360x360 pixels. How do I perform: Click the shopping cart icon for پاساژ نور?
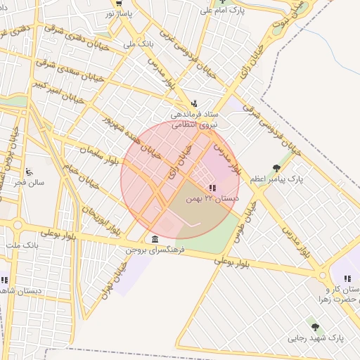(118, 3)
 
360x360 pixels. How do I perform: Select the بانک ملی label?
(138, 44)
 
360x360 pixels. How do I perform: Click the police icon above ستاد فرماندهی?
(195, 103)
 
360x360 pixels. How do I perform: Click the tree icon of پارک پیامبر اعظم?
(276, 168)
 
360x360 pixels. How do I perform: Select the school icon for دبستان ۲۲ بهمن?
(212, 188)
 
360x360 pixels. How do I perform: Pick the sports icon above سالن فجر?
(29, 172)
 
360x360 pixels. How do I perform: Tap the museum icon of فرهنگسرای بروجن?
(155, 239)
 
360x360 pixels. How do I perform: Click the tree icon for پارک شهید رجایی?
(315, 327)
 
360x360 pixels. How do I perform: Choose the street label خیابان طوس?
(247, 221)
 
